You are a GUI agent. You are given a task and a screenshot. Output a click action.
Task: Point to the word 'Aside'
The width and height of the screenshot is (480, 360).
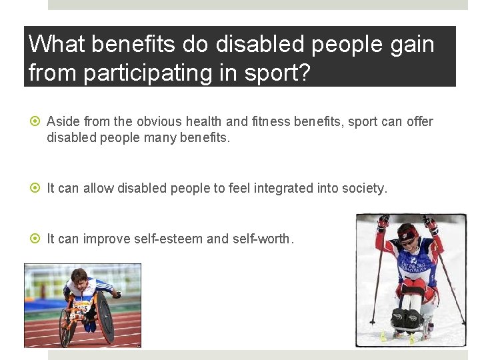pyautogui.click(x=63, y=122)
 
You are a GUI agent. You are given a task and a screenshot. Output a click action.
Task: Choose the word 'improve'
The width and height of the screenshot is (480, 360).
pyautogui.click(x=104, y=239)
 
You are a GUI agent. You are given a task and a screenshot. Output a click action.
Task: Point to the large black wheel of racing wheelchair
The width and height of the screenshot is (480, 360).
pyautogui.click(x=105, y=319)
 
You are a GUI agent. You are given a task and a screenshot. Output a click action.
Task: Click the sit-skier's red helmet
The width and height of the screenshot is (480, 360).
pyautogui.click(x=407, y=233)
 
